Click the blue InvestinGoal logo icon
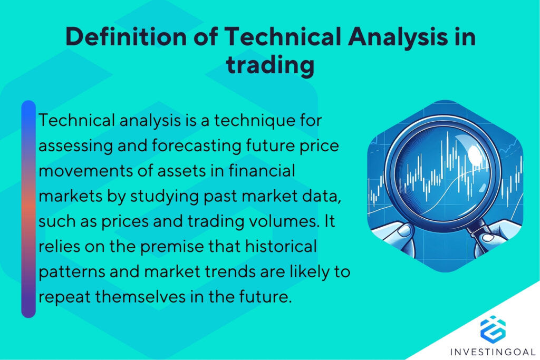tap(493, 328)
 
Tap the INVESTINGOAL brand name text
tap(493, 351)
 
